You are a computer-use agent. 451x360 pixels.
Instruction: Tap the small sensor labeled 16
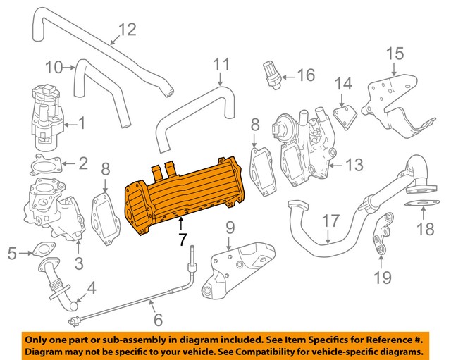click(271, 73)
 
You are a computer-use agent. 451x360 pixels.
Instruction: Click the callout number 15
click(395, 53)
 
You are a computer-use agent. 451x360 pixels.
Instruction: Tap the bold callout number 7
click(183, 240)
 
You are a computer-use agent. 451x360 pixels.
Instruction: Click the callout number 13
click(354, 166)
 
